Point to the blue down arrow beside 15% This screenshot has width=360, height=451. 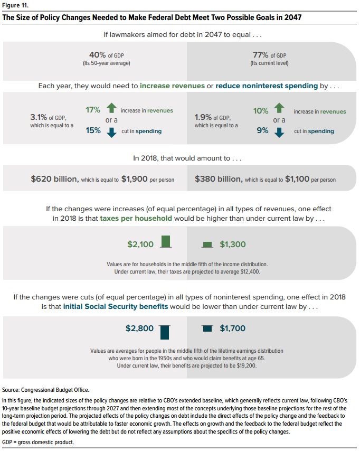point(111,131)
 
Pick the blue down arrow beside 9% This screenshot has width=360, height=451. point(280,131)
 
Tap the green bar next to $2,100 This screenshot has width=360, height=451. point(166,242)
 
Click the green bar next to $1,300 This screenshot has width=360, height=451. point(207,245)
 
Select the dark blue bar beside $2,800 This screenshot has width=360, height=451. point(165,332)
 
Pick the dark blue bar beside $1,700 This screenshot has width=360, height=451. point(207,328)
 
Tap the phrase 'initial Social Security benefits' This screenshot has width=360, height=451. point(116,306)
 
